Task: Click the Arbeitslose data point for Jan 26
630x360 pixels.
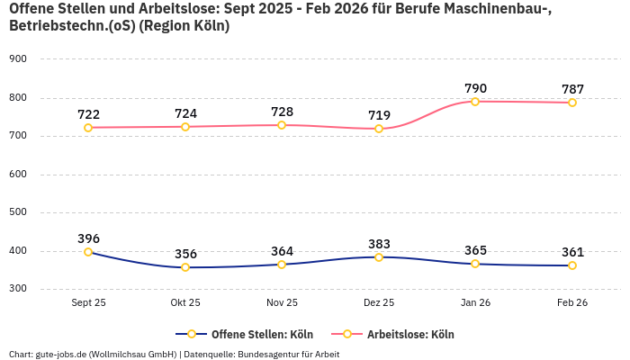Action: [x=475, y=102]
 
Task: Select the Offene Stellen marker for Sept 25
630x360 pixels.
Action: [x=88, y=252]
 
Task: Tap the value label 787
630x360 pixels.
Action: [x=572, y=89]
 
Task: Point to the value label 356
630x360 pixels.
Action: [x=185, y=254]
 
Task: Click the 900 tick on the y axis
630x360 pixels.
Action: [x=18, y=58]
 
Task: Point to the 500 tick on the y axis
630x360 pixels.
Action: [x=18, y=212]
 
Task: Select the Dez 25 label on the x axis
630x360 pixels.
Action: [x=379, y=302]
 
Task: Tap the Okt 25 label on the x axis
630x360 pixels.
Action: [x=185, y=302]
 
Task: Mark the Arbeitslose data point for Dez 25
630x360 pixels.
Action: [x=379, y=129]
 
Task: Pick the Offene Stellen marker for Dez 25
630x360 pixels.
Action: [x=379, y=257]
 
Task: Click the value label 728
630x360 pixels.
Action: [x=282, y=112]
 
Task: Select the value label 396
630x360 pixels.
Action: [x=88, y=238]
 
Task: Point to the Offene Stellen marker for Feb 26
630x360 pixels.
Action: [x=572, y=265]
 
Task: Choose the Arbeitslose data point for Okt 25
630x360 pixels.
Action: [x=185, y=127]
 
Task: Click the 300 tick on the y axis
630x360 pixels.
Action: [x=18, y=289]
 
